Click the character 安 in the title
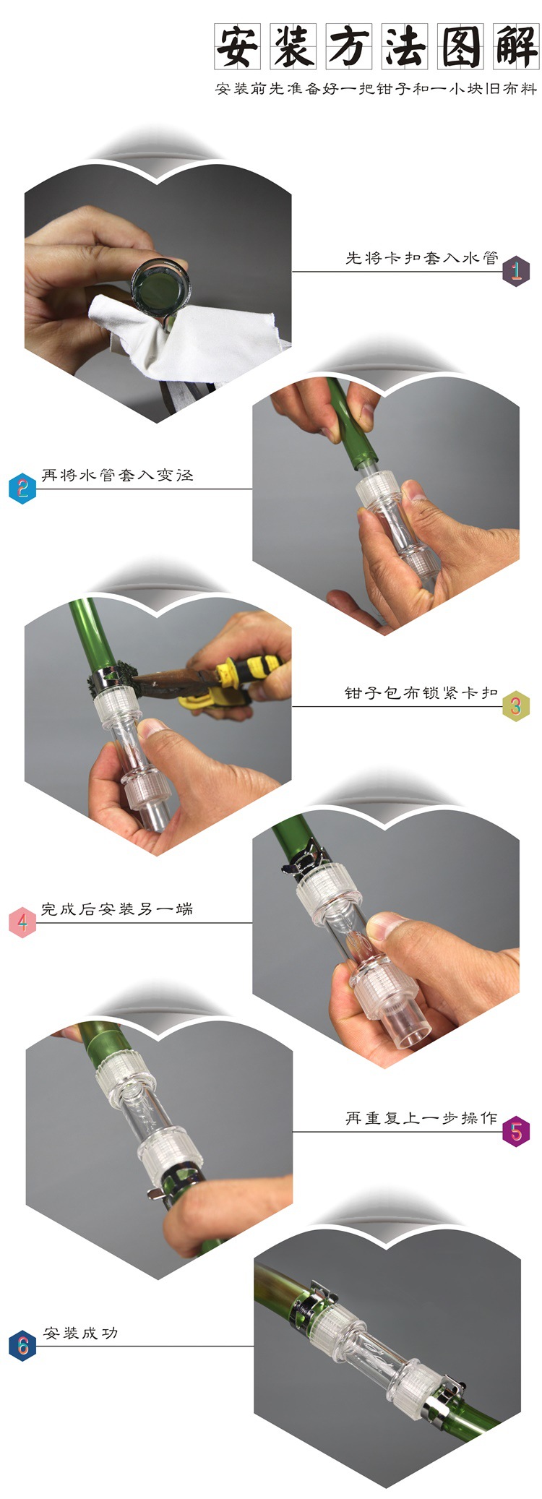coord(236,46)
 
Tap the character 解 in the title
coord(516,46)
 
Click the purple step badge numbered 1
coord(516,272)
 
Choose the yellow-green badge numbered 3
coord(516,706)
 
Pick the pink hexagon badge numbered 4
coord(22,922)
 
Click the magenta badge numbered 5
coord(516,1132)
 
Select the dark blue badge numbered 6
coord(22,1346)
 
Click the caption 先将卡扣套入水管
coord(421,258)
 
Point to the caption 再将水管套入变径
coord(117,475)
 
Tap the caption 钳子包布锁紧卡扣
coord(421,692)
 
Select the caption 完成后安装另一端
coord(117,909)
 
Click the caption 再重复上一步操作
coord(421,1118)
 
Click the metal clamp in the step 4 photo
coord(304,854)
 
